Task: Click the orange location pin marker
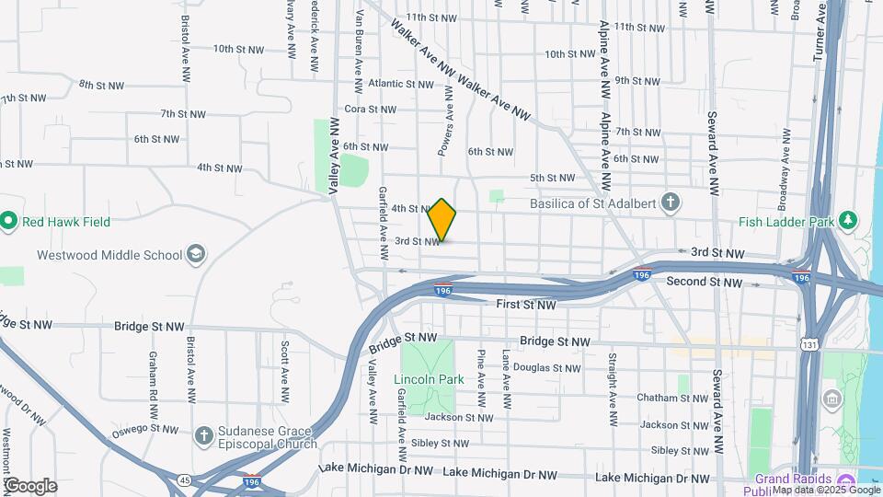(442, 220)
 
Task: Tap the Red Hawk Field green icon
(8, 221)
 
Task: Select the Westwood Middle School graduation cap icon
(195, 254)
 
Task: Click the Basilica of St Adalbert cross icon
(672, 202)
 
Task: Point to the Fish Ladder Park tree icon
(846, 221)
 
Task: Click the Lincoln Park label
(429, 379)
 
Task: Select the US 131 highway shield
(808, 344)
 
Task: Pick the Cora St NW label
(369, 110)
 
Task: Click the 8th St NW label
(101, 86)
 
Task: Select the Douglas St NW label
(546, 368)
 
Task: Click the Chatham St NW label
(675, 399)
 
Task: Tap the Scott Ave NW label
(285, 364)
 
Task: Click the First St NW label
(526, 305)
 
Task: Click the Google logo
(30, 485)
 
